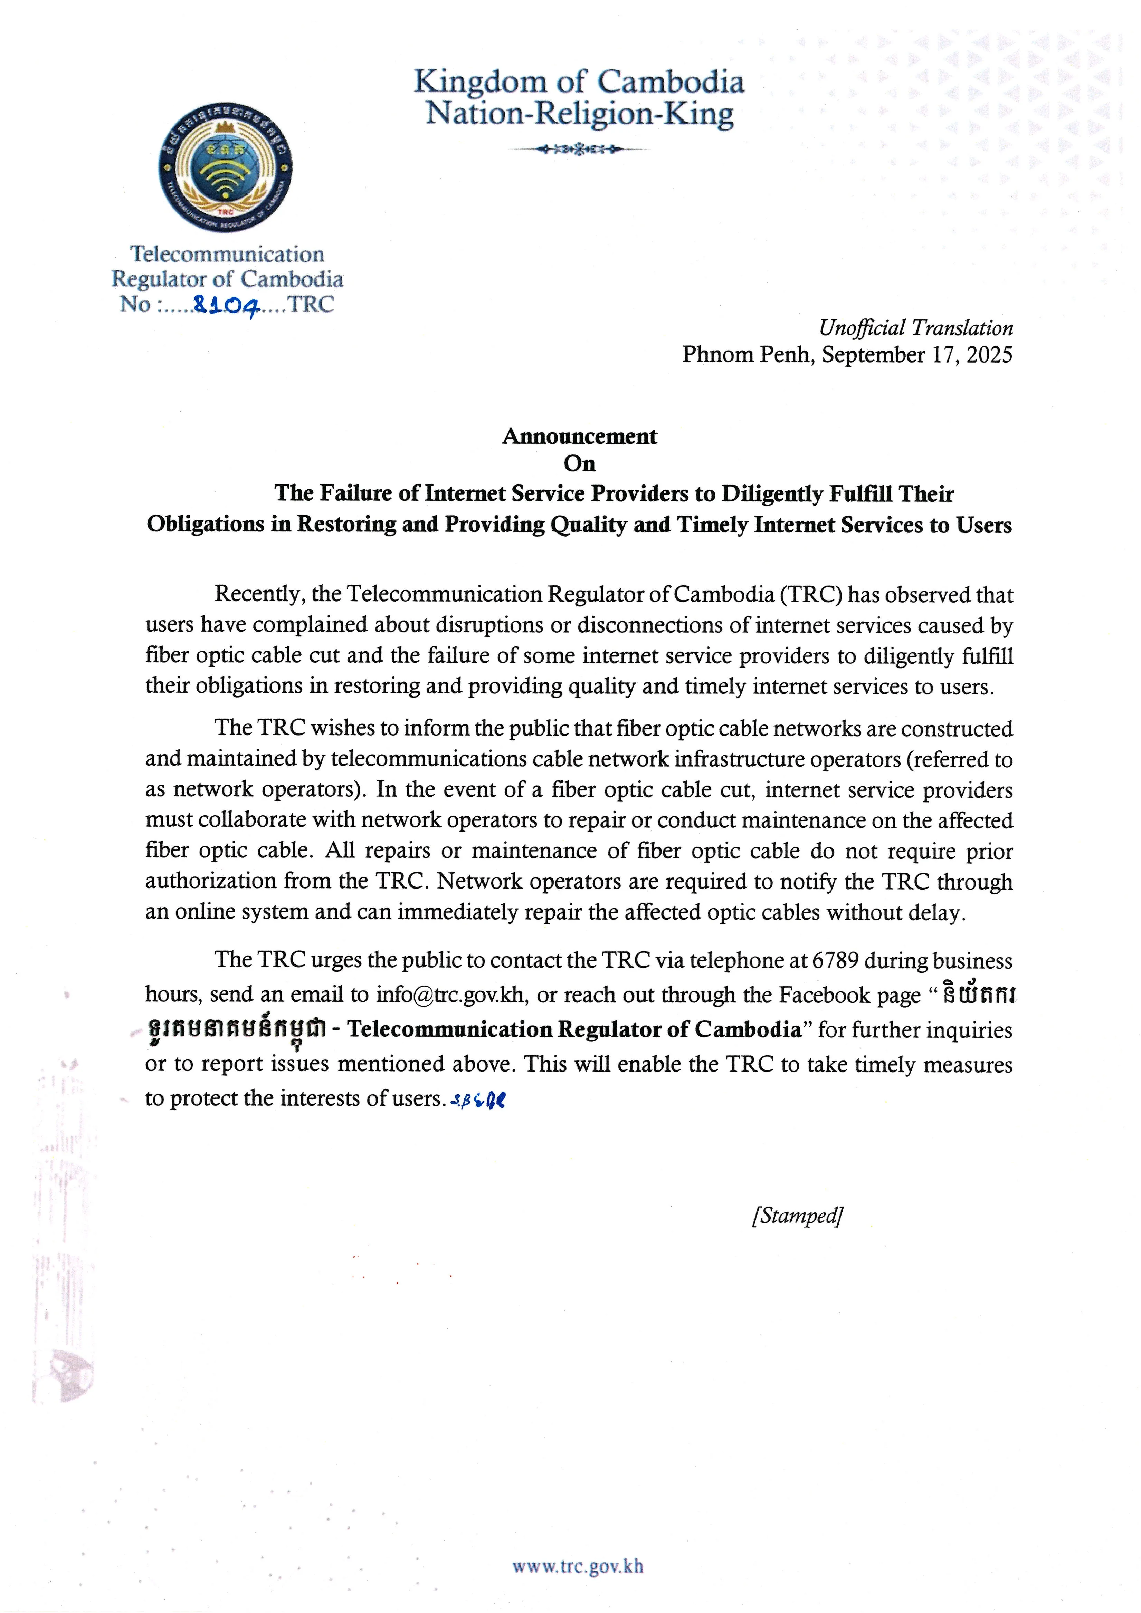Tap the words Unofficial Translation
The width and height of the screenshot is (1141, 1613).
[x=915, y=328]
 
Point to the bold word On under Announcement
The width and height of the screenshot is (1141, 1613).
[x=580, y=464]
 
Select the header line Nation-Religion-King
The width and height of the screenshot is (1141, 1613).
[x=580, y=114]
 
